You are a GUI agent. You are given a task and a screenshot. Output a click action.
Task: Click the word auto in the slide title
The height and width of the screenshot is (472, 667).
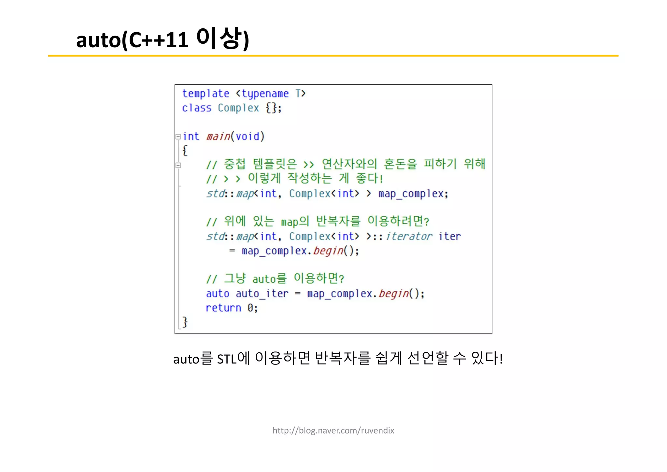tap(98, 40)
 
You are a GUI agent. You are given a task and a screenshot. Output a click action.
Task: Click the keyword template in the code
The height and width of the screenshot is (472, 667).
tap(206, 94)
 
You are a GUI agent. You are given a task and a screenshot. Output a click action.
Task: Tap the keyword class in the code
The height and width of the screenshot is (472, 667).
tap(196, 108)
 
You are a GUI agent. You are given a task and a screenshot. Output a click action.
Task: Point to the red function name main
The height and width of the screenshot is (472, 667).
tap(218, 137)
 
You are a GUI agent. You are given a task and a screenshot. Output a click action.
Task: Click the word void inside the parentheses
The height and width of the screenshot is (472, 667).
tap(248, 137)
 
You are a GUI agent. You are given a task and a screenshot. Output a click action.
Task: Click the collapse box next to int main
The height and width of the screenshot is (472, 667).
tap(178, 137)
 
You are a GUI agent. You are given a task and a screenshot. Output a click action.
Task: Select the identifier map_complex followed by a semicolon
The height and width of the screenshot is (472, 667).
tap(411, 194)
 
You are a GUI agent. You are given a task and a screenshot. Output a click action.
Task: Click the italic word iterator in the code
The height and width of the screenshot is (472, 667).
tap(409, 236)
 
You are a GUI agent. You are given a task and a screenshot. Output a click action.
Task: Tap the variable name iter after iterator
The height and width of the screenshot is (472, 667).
tap(449, 236)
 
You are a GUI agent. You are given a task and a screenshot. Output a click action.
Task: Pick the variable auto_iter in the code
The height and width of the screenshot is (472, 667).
tap(262, 294)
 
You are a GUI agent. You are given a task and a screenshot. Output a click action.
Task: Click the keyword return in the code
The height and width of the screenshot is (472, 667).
tap(223, 308)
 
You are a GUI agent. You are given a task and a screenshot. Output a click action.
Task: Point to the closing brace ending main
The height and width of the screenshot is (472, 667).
tap(185, 322)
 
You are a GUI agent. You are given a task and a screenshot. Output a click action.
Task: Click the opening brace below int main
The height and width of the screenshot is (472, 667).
tap(185, 151)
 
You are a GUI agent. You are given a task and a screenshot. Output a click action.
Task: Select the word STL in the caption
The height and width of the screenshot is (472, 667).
tap(227, 359)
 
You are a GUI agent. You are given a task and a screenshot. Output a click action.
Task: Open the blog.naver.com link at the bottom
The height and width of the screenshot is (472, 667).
tap(333, 431)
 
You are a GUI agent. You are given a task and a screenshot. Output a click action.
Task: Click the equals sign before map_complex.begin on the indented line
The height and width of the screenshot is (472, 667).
tap(232, 251)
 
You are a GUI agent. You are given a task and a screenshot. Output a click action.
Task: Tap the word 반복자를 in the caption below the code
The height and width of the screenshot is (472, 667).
tap(343, 358)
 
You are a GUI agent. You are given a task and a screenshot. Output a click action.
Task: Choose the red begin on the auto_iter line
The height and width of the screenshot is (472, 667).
tap(393, 294)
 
